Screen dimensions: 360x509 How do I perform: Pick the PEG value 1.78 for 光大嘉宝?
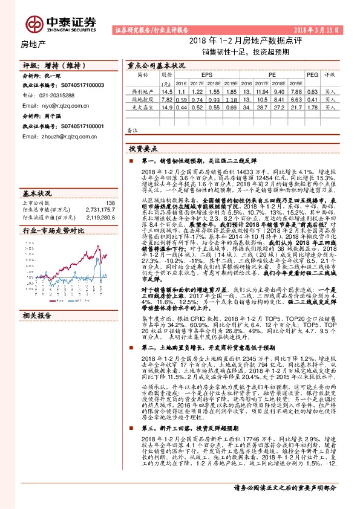click(x=312, y=106)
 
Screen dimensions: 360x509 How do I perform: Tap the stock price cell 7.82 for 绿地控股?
click(x=168, y=99)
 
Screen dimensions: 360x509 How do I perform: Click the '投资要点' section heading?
click(x=145, y=148)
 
